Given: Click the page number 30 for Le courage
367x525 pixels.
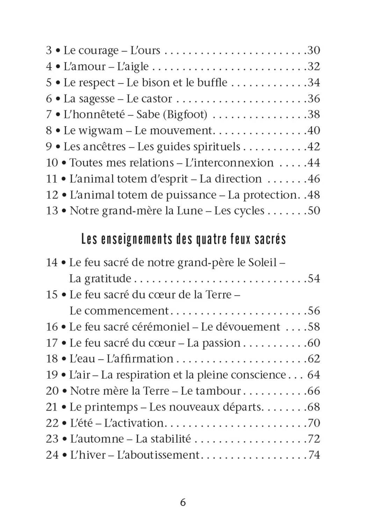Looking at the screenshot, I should coord(314,50).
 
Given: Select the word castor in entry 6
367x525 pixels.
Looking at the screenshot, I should coord(157,99).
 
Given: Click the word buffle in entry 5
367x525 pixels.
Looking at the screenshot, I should coord(212,83).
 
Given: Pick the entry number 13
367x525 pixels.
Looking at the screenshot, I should coord(52,211).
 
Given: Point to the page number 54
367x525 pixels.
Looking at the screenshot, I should coord(314,279).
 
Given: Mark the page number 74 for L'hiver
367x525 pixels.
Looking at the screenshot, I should coord(314,455).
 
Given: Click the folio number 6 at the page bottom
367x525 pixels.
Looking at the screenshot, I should coord(183,503).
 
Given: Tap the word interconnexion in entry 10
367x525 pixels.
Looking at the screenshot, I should coord(229,163).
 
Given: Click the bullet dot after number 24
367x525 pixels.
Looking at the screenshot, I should coord(64,455).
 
